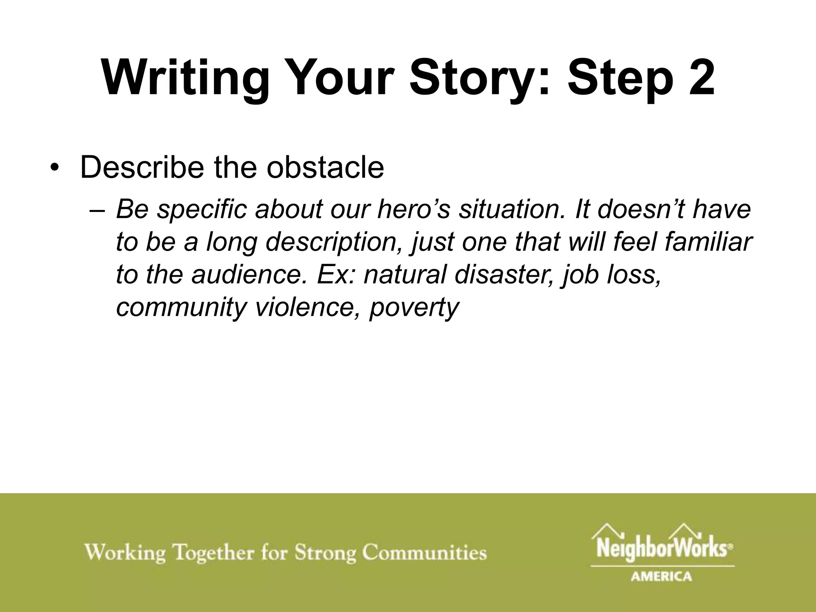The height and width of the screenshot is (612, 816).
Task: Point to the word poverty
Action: (414, 308)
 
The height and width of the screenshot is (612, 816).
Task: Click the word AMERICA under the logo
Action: (661, 576)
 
